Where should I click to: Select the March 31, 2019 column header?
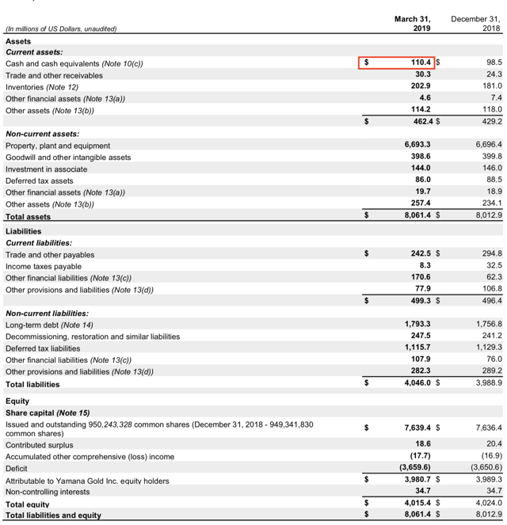tap(412, 23)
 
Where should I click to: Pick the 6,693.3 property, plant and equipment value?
tap(416, 146)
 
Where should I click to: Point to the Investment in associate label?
tap(50, 169)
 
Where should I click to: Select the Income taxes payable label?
tap(43, 266)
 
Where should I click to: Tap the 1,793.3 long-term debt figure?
tap(416, 325)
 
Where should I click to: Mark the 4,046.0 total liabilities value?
tap(416, 383)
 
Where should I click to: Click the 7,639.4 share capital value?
tap(416, 428)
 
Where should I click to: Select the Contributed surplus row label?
tap(40, 445)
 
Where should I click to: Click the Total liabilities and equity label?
tap(53, 515)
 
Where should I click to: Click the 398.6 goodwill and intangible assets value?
tap(419, 158)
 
